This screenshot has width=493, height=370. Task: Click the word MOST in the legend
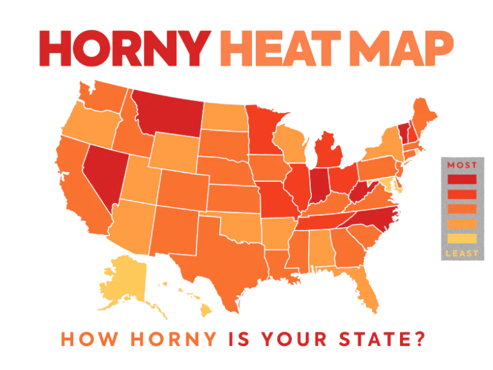[460, 165]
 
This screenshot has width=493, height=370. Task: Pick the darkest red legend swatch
[460, 179]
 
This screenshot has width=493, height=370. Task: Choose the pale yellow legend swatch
[460, 239]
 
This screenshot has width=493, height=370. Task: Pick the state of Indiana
[318, 186]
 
